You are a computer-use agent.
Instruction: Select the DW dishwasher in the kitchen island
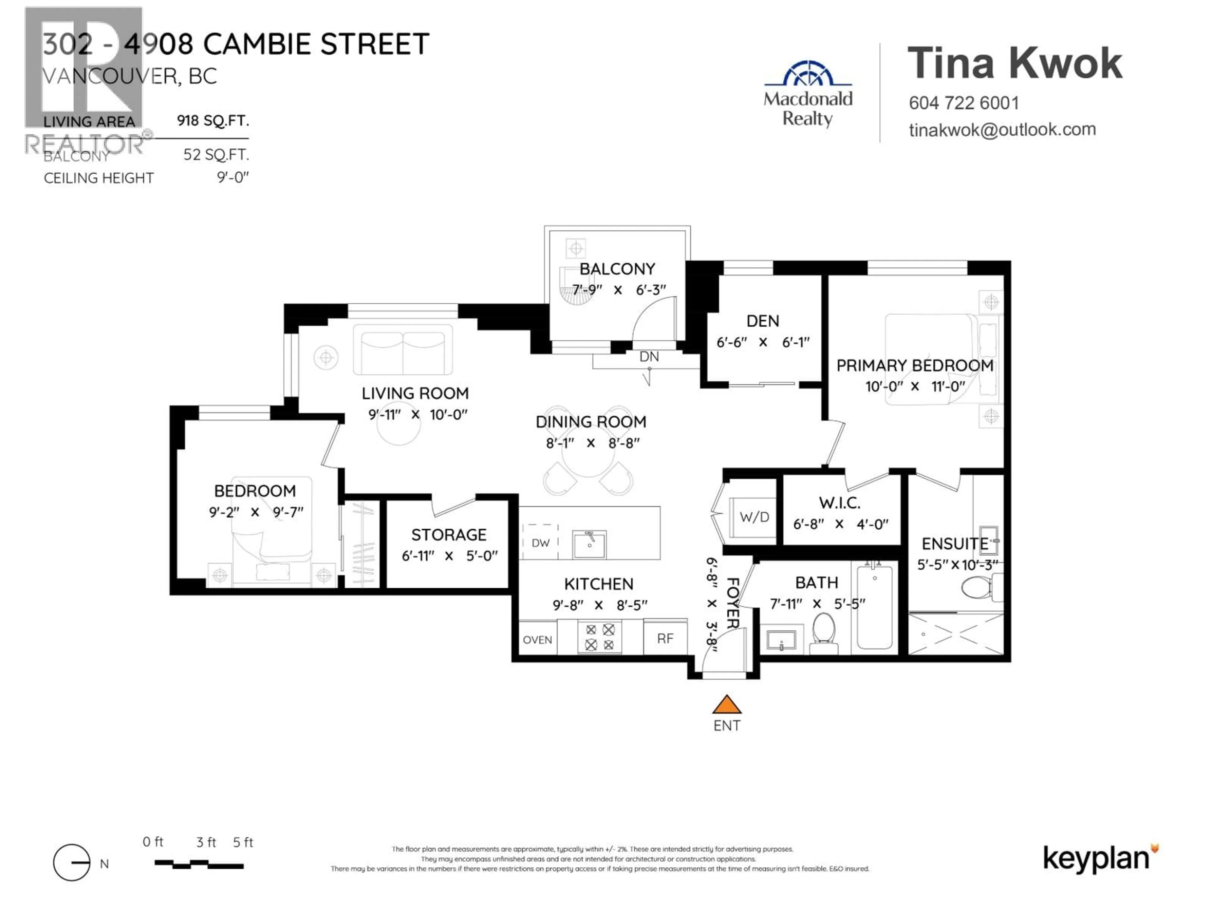[540, 543]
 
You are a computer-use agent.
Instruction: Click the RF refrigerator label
[665, 638]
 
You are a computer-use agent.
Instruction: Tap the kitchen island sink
[589, 544]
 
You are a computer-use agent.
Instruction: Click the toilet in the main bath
[823, 633]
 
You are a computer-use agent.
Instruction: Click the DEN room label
[762, 321]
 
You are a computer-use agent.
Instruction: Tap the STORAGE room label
[449, 535]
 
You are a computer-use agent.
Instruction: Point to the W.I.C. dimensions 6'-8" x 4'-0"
[840, 524]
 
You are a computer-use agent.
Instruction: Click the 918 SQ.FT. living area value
[213, 121]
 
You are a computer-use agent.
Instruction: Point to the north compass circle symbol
[72, 862]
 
